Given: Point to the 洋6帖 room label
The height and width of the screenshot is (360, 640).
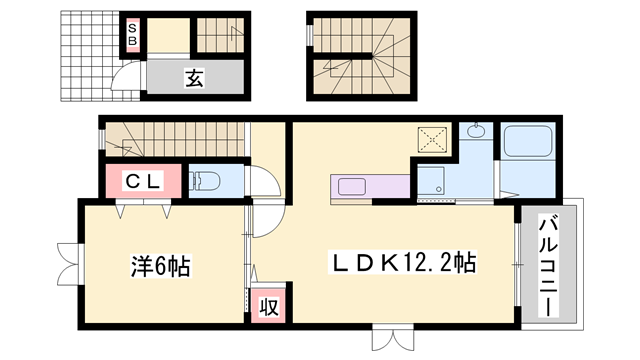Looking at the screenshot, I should point(160,267).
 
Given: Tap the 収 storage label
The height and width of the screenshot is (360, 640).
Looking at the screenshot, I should point(268,304).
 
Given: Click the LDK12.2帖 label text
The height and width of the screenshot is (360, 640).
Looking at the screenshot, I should point(403,264).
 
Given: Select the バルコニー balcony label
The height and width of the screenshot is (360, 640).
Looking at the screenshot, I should point(551,264).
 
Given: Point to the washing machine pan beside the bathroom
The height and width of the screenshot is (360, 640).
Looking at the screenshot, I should point(434,181).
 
